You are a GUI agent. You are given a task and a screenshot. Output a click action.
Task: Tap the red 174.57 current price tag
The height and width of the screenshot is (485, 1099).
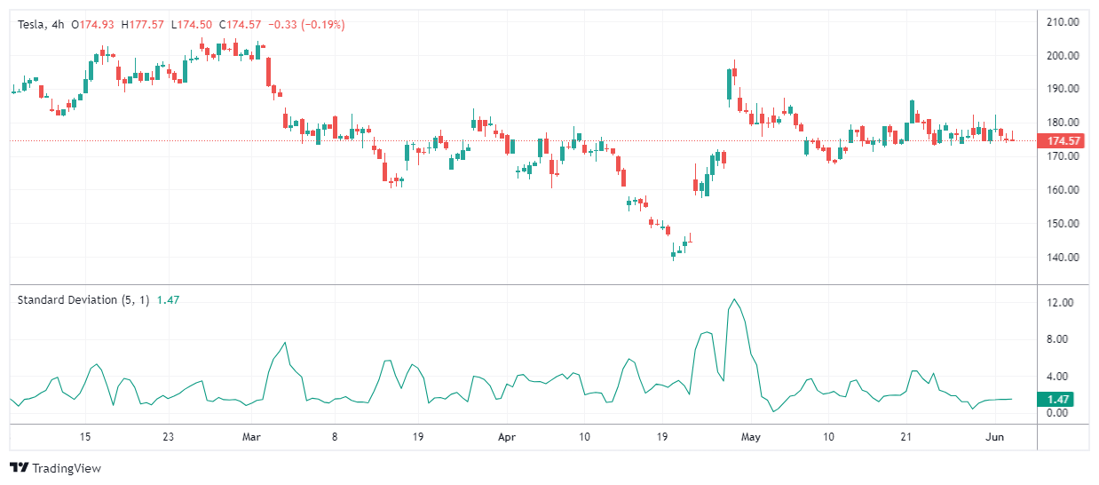point(1063,141)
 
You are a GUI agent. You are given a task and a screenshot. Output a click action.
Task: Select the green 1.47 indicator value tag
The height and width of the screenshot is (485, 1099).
point(1060,400)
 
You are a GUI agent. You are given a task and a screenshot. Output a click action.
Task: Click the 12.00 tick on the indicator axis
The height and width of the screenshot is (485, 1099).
point(1060,303)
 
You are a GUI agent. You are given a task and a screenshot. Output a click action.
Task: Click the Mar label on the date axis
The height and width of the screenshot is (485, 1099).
point(252,437)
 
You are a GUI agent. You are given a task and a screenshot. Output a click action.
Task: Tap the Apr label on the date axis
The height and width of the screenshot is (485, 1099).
point(506,437)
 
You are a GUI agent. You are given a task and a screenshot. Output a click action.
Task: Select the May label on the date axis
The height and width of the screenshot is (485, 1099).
point(751,437)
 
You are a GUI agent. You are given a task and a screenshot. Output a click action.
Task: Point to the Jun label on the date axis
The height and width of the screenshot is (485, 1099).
point(995,437)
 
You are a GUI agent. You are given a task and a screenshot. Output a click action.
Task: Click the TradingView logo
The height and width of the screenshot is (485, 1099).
point(55,468)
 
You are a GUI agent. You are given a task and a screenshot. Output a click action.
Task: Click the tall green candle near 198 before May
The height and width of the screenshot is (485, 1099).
point(729,84)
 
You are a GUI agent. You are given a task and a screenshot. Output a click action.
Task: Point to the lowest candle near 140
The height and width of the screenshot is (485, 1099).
point(673,254)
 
